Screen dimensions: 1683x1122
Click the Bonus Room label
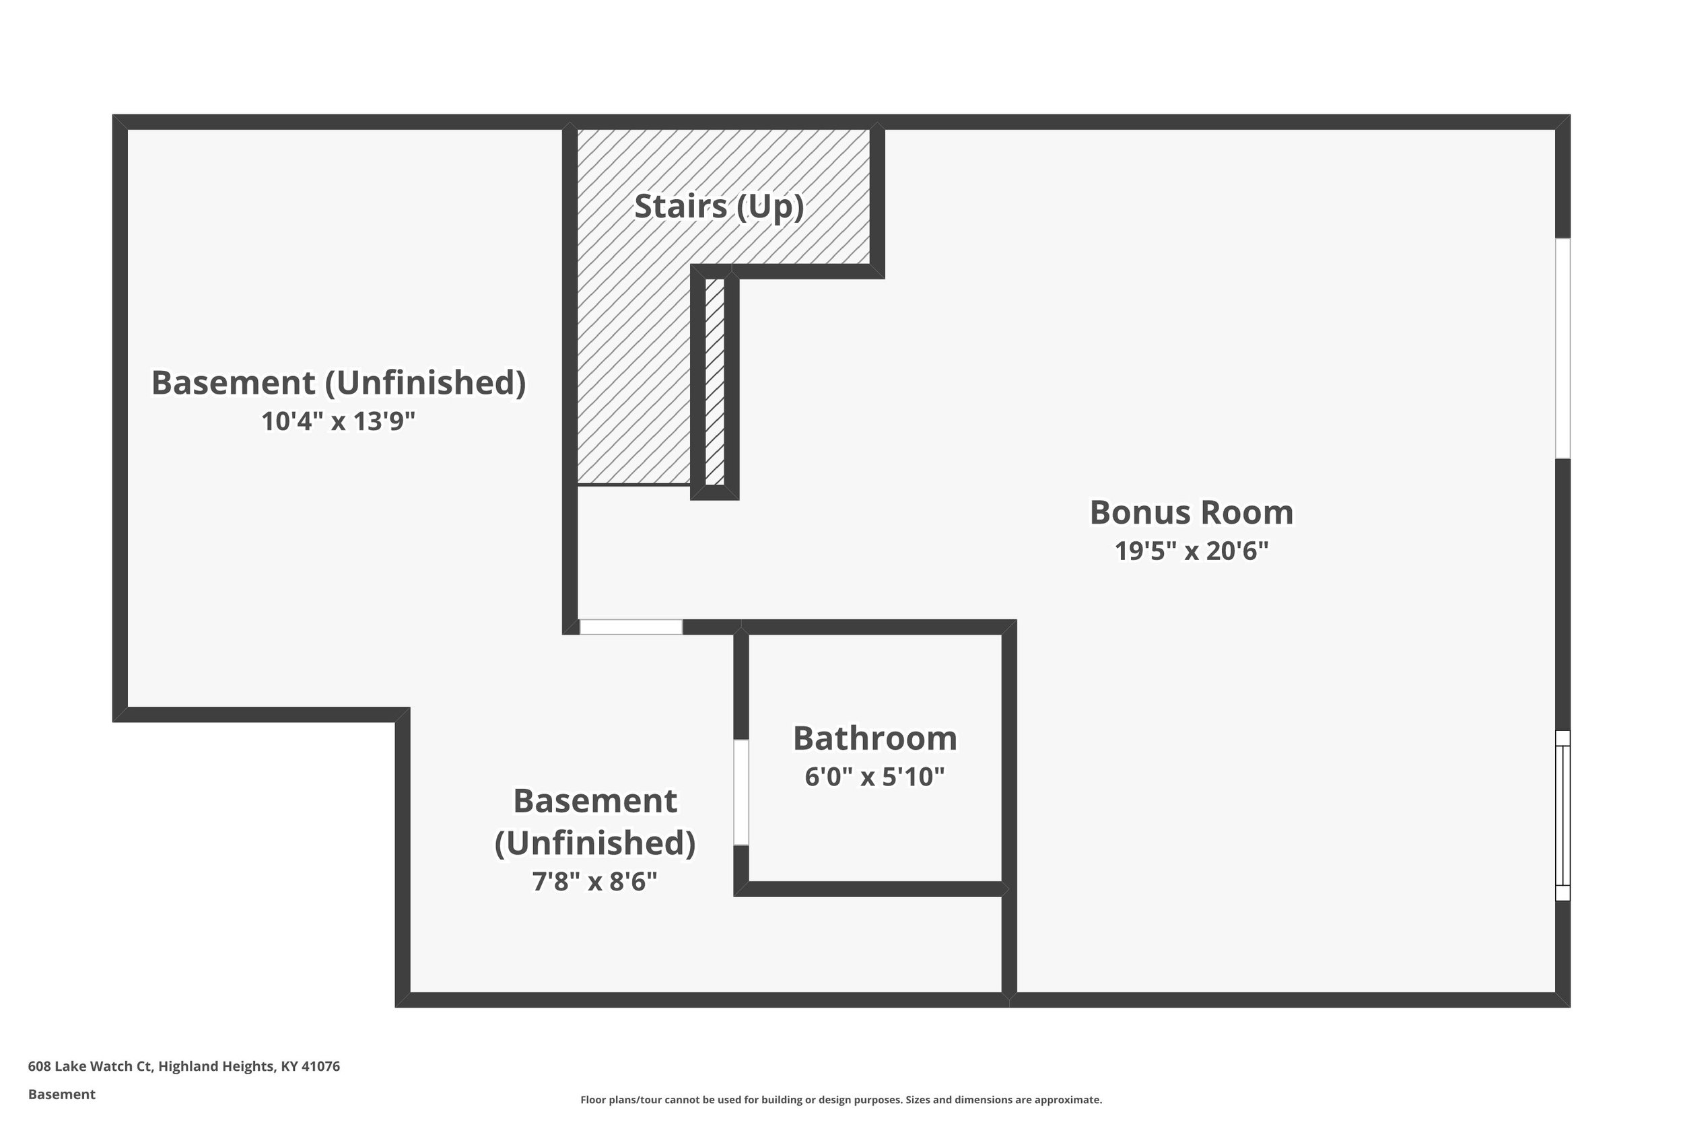pyautogui.click(x=1191, y=512)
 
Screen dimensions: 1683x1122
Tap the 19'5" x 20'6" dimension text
pyautogui.click(x=1191, y=551)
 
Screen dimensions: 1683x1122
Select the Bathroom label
pyautogui.click(x=874, y=738)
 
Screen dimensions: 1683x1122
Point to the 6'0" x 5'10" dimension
pyautogui.click(x=874, y=777)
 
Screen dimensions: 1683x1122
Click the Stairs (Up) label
pyautogui.click(x=718, y=206)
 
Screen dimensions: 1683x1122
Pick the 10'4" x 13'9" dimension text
pyautogui.click(x=338, y=421)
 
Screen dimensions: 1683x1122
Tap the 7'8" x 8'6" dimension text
pyautogui.click(x=594, y=881)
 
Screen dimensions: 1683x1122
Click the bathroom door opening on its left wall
pyautogui.click(x=741, y=792)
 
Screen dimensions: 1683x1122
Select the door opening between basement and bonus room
pyautogui.click(x=630, y=627)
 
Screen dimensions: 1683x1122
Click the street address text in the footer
pyautogui.click(x=184, y=1066)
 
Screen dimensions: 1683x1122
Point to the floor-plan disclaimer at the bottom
pyautogui.click(x=841, y=1100)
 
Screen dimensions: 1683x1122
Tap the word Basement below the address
pyautogui.click(x=61, y=1094)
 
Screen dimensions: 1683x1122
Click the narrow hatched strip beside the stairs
pyautogui.click(x=714, y=382)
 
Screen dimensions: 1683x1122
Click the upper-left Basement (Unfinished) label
pyautogui.click(x=338, y=383)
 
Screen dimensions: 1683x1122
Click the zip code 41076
pyautogui.click(x=320, y=1066)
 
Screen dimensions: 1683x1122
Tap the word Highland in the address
pyautogui.click(x=187, y=1066)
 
